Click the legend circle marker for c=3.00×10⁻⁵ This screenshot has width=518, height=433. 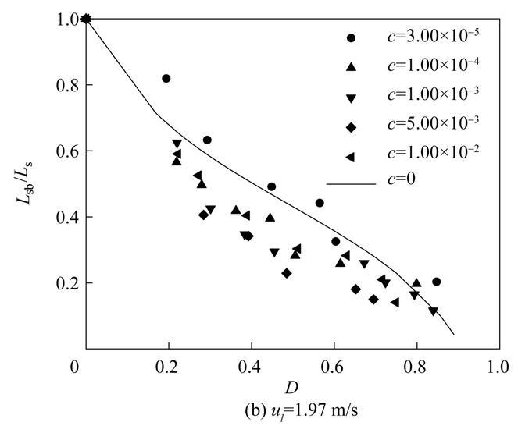click(x=352, y=38)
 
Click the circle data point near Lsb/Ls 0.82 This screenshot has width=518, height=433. click(x=166, y=79)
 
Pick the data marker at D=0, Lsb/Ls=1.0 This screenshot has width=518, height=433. click(x=86, y=20)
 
